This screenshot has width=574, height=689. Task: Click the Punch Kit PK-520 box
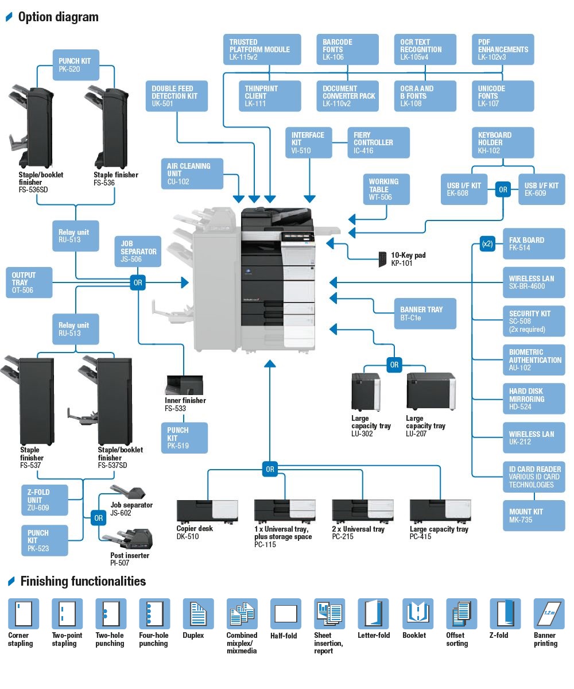point(75,65)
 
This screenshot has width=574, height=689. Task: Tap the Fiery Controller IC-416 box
point(378,142)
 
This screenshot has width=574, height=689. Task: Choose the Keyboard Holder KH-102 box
point(503,142)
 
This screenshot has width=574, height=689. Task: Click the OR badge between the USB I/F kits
point(503,189)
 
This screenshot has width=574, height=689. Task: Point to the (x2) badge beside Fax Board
point(487,243)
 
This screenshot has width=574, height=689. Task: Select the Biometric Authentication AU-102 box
point(534,360)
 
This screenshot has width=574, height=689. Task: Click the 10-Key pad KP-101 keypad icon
point(382,259)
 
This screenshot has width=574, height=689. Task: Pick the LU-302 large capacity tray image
point(366,392)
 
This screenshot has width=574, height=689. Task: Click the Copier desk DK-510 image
point(198,510)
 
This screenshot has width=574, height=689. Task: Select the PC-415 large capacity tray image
point(433,510)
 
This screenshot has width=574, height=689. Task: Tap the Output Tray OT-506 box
point(28,282)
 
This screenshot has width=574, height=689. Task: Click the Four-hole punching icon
point(154,613)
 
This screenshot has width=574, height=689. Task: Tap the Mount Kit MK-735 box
point(534,516)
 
